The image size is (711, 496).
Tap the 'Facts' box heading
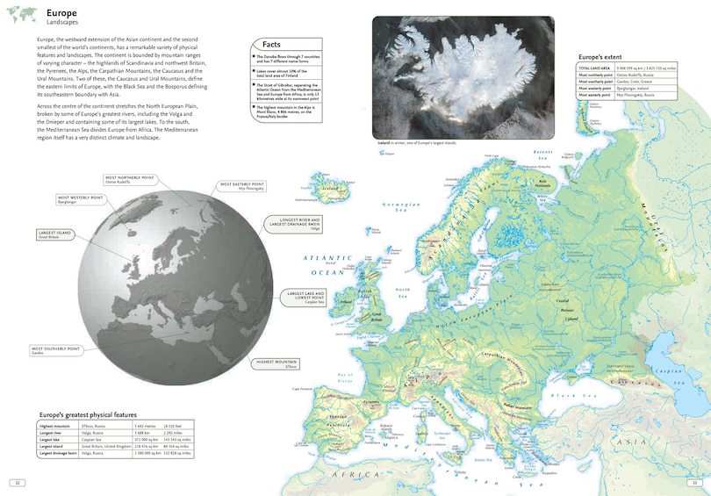point(271,45)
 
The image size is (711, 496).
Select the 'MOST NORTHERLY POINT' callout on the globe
point(130,179)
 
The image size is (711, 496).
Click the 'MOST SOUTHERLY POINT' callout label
point(56,350)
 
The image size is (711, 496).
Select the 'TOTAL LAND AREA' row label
point(594,67)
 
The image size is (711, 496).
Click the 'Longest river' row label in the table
point(54,433)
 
